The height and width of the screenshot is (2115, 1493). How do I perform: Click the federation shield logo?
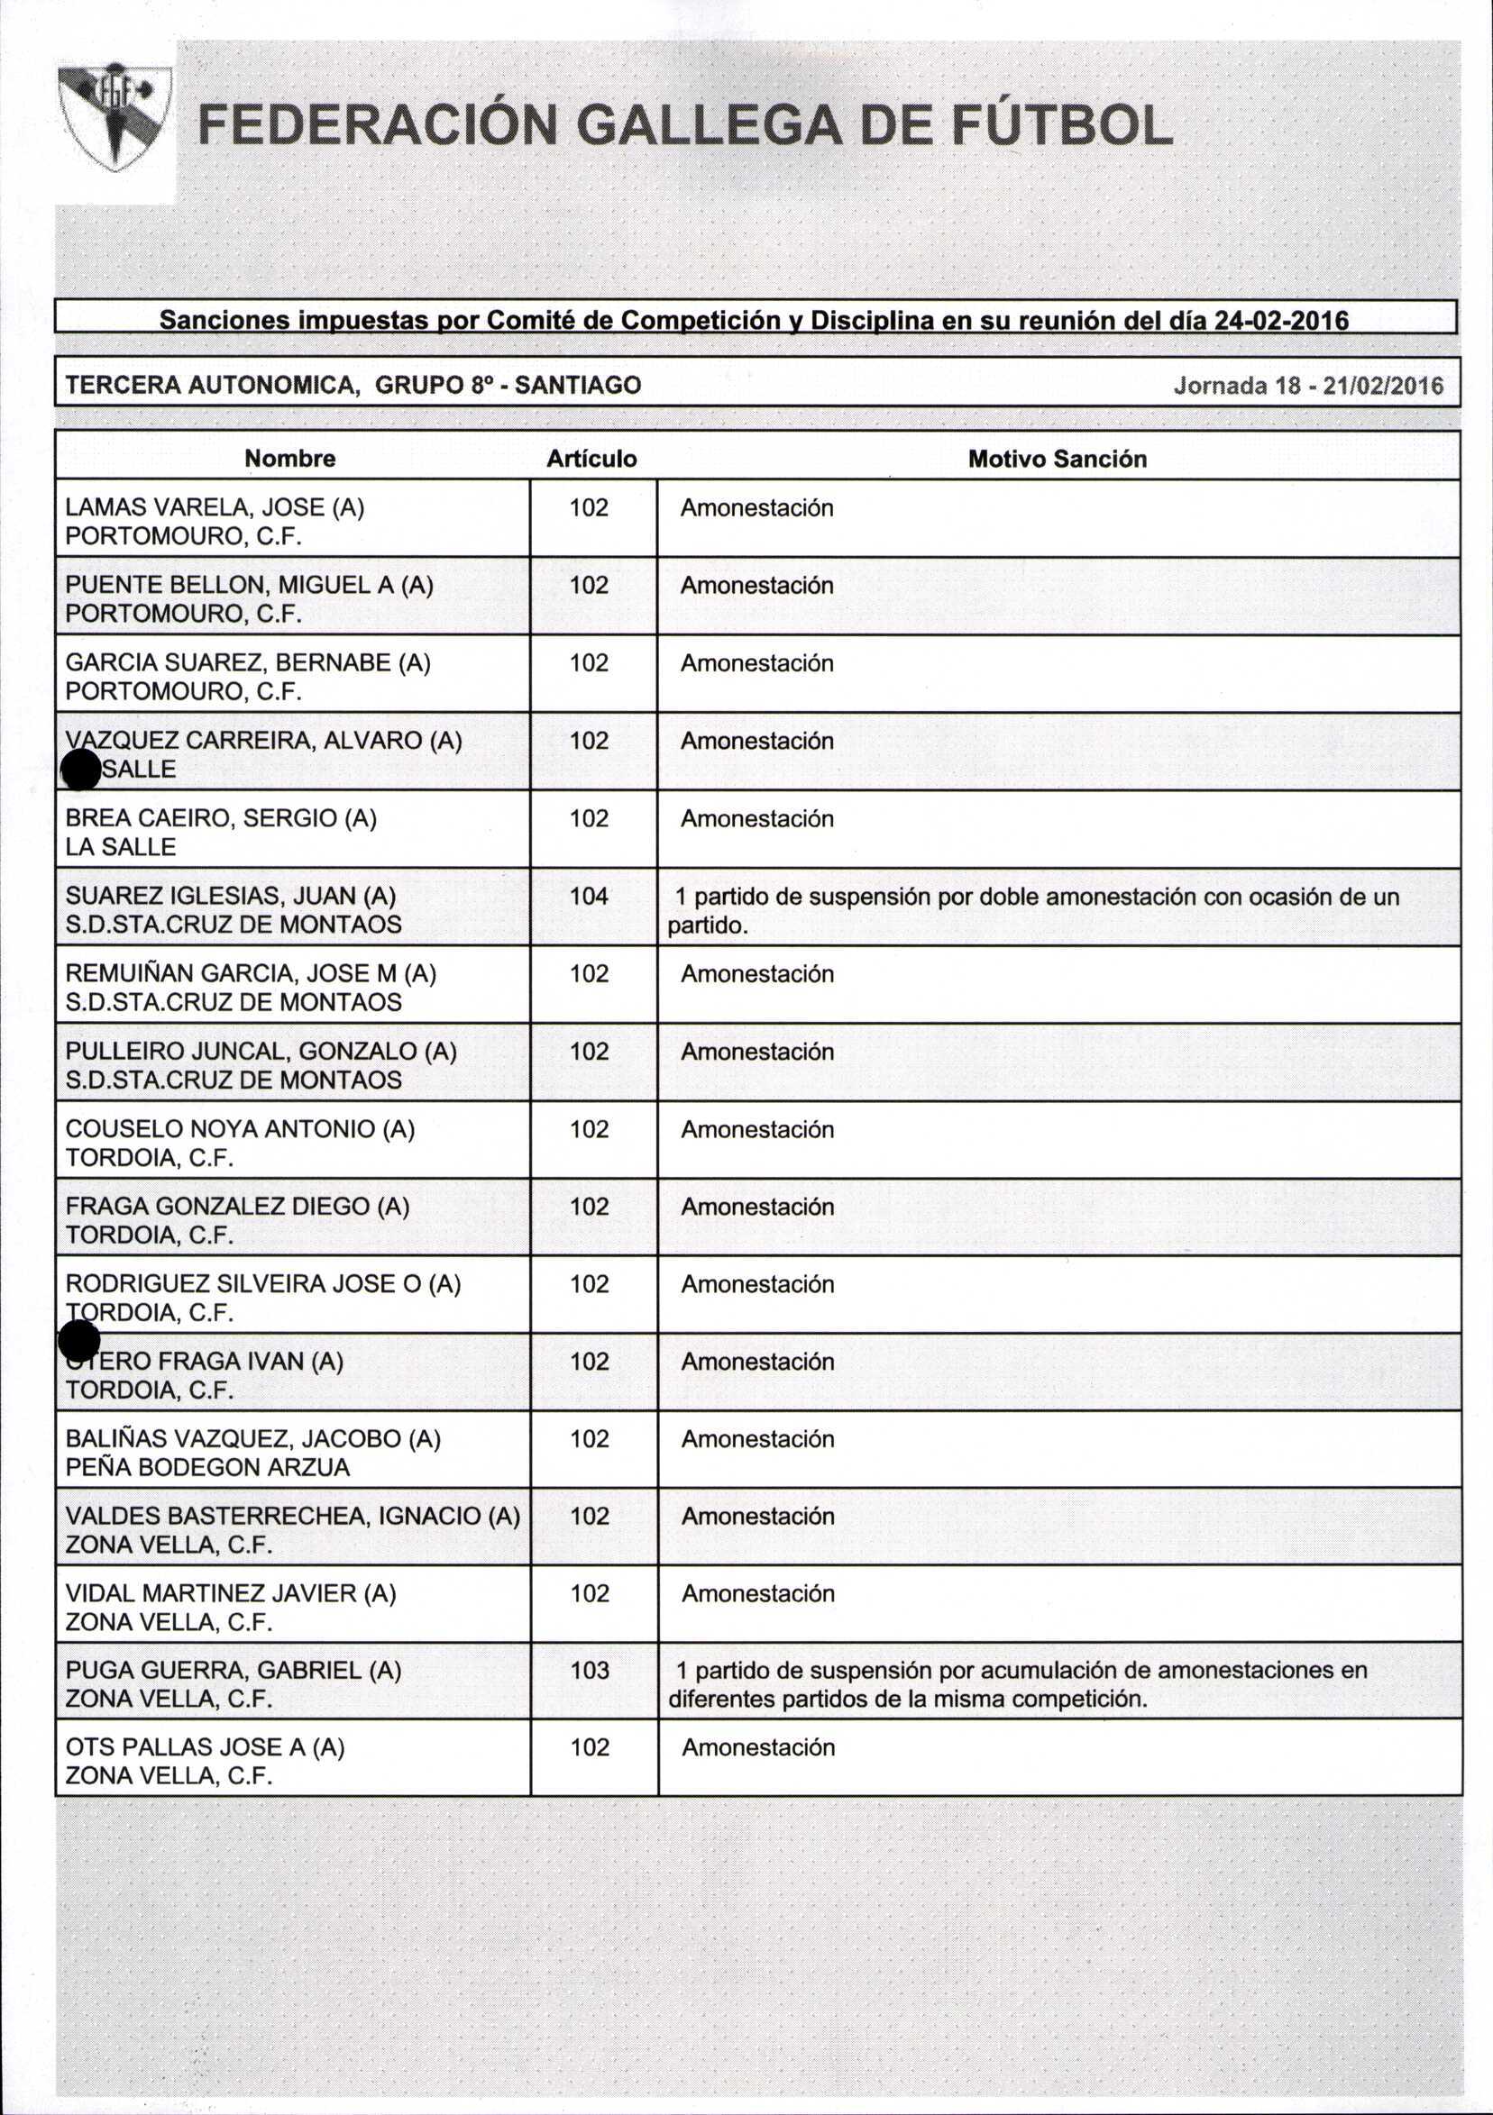[x=114, y=116]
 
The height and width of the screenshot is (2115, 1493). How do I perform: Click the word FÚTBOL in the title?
[x=1062, y=126]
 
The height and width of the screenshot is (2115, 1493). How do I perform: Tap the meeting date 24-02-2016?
[x=1281, y=321]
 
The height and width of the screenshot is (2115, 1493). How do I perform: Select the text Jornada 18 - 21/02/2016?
[x=1308, y=385]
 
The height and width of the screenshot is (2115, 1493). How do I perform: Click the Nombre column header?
[x=289, y=459]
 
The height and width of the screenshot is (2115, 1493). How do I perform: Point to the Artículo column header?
[x=591, y=459]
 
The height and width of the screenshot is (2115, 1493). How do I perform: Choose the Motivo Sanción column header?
[x=1057, y=459]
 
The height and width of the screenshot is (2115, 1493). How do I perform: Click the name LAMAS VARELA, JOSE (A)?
[x=215, y=507]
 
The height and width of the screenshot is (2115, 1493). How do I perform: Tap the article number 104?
[x=589, y=897]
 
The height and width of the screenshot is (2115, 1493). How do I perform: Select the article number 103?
[x=590, y=1670]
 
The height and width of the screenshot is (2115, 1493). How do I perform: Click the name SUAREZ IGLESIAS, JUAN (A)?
[x=231, y=897]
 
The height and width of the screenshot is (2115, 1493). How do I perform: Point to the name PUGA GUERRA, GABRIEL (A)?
[x=234, y=1670]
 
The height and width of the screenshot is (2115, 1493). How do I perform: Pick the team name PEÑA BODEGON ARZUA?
[x=207, y=1467]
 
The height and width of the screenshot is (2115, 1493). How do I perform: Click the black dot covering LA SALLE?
[x=80, y=770]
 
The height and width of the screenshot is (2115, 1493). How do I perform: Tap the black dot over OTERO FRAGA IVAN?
[x=79, y=1342]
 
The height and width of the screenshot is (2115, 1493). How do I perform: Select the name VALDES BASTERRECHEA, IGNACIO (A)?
[x=292, y=1516]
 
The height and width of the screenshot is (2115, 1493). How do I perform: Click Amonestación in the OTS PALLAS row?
[x=757, y=1747]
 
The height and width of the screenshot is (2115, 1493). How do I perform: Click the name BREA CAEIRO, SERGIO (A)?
[x=221, y=819]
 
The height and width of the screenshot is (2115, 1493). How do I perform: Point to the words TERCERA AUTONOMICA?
[x=211, y=385]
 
